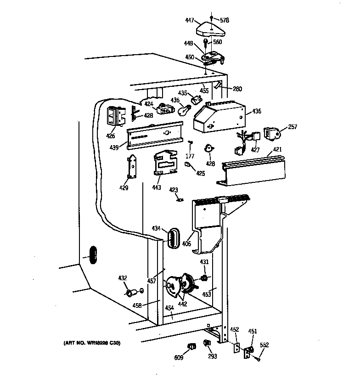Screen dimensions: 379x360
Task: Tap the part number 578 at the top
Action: pyautogui.click(x=224, y=20)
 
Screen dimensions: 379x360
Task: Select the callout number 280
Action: pyautogui.click(x=237, y=89)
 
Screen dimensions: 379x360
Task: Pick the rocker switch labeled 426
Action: pyautogui.click(x=115, y=117)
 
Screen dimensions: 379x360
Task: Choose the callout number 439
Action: pyautogui.click(x=114, y=147)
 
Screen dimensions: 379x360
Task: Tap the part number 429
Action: pyautogui.click(x=124, y=188)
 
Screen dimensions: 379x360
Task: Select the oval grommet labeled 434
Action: pyautogui.click(x=173, y=238)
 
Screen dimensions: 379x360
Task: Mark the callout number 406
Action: pyautogui.click(x=186, y=244)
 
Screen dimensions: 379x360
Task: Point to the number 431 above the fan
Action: pyautogui.click(x=204, y=262)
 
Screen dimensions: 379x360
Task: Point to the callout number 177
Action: pyautogui.click(x=190, y=156)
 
